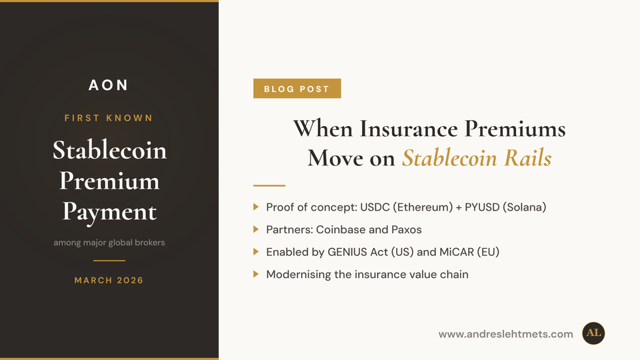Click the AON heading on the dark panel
(109, 85)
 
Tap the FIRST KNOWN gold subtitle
(109, 118)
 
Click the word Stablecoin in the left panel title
(109, 150)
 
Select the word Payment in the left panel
(109, 211)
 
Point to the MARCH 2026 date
(109, 280)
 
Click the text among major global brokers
(109, 242)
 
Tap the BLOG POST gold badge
(297, 89)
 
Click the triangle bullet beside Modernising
(257, 274)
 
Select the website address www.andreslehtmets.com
(505, 334)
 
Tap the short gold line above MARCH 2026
(109, 260)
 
